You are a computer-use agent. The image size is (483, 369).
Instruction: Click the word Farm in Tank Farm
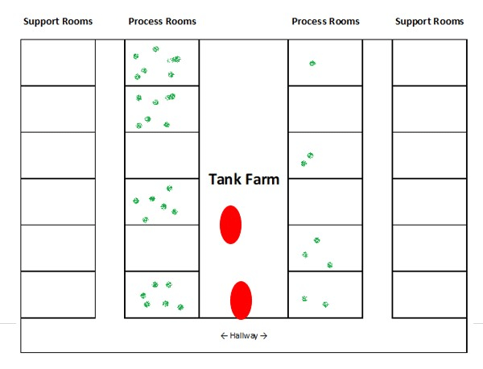click(x=264, y=179)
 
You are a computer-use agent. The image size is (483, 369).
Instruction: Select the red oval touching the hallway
click(x=241, y=301)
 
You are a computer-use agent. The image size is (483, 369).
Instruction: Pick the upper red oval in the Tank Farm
click(x=230, y=225)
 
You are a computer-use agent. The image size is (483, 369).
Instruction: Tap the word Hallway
click(x=244, y=336)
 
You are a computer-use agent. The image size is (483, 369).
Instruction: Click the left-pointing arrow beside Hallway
click(x=224, y=336)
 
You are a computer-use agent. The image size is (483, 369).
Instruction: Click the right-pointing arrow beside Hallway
click(x=264, y=336)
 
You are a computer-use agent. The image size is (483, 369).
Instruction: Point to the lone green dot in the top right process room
click(x=312, y=64)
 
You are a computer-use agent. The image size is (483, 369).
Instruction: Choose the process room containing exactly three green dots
click(x=325, y=248)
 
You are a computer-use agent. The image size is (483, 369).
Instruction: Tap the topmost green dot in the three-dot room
click(x=316, y=240)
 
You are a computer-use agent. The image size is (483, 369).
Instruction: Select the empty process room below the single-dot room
click(x=325, y=109)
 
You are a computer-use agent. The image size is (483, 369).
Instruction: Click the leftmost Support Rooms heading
click(x=58, y=21)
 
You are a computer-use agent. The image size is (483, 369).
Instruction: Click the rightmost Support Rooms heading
click(x=429, y=21)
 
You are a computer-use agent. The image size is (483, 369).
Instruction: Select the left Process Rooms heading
click(x=163, y=21)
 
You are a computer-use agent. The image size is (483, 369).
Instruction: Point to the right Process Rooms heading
click(x=325, y=21)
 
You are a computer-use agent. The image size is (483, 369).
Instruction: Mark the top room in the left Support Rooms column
click(x=58, y=63)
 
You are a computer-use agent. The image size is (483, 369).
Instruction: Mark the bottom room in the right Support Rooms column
click(x=429, y=294)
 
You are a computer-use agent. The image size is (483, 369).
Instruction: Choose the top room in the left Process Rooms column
click(x=162, y=63)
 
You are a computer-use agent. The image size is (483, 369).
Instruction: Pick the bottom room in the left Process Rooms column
click(x=162, y=294)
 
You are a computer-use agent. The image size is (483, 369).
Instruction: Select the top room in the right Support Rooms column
click(x=429, y=63)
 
